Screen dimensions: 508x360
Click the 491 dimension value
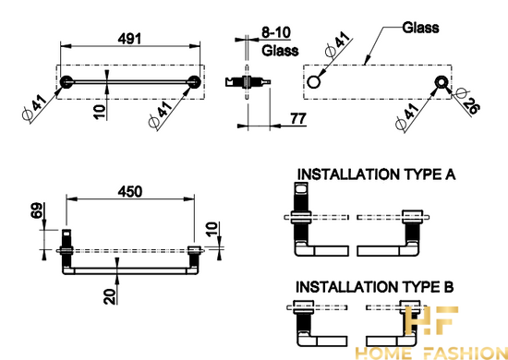click(x=129, y=39)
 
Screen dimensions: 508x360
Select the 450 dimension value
click(x=130, y=192)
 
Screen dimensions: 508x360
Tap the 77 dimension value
click(x=298, y=119)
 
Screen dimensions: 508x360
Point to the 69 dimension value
click(x=37, y=210)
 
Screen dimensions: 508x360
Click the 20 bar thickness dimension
click(x=110, y=296)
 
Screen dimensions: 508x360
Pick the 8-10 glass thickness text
click(x=276, y=32)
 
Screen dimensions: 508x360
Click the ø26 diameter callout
click(x=466, y=101)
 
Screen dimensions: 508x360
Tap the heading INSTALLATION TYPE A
click(x=377, y=174)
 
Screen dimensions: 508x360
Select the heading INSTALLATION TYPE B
click(x=375, y=287)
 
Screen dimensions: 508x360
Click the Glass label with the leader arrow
click(x=420, y=28)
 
